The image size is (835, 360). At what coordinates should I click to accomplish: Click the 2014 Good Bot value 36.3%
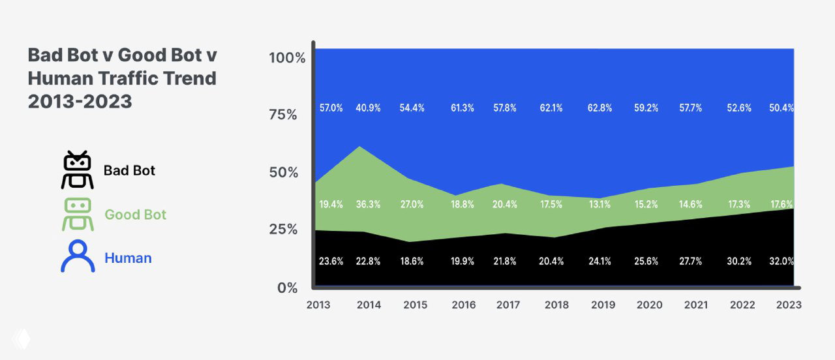coord(369,204)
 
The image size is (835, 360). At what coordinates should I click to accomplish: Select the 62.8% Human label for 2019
coord(600,108)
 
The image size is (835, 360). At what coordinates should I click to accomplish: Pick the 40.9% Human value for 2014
coord(369,108)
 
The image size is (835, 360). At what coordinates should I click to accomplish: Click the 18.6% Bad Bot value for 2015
coord(412,261)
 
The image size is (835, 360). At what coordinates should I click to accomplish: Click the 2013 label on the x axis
coord(318,305)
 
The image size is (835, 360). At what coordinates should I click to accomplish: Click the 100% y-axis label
coord(287,57)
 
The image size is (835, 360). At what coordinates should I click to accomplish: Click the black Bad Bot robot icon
coord(78,170)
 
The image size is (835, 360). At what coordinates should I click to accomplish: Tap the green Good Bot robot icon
coord(78,215)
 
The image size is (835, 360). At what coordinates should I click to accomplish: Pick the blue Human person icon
coord(78,256)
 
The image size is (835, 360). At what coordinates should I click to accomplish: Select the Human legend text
coord(128,258)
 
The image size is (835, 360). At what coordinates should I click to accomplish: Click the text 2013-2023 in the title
coord(80,101)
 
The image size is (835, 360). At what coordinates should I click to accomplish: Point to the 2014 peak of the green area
coord(361,147)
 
